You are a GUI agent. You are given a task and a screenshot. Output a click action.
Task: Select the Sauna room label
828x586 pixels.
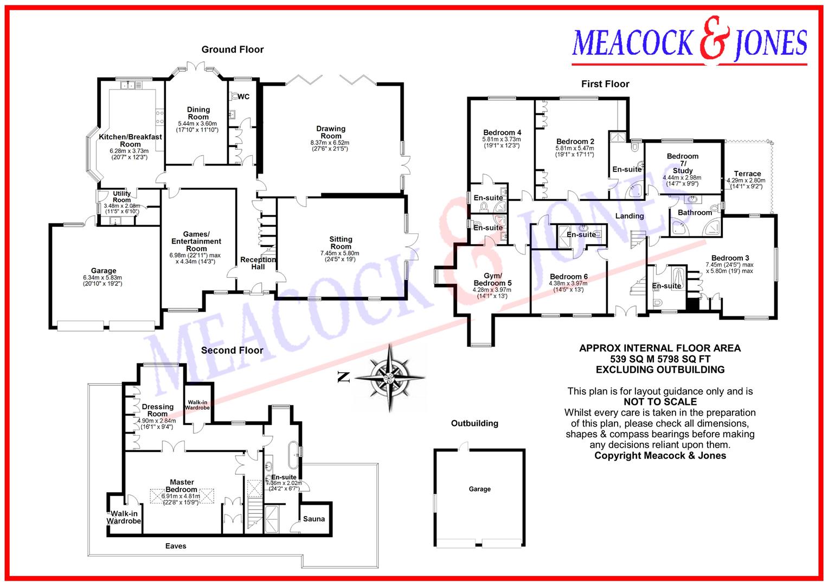pos(314,519)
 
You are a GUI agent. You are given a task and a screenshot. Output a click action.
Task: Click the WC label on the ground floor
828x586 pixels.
pos(243,97)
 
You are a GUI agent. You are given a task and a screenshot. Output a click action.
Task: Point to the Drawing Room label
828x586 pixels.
pos(331,132)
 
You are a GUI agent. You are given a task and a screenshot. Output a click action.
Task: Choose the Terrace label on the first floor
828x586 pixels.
pos(747,174)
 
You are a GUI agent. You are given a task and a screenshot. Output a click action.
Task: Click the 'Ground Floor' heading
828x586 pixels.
pos(233,49)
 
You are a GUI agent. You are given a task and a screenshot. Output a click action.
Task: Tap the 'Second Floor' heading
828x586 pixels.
pos(232,351)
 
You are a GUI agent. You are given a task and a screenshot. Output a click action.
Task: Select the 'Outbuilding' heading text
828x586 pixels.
pos(474,423)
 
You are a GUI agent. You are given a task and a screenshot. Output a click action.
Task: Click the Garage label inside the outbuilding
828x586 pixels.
pos(479,489)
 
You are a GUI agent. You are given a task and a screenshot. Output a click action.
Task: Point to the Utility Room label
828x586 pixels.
pos(121,196)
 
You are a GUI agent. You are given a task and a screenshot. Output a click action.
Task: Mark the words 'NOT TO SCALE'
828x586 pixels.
pos(660,402)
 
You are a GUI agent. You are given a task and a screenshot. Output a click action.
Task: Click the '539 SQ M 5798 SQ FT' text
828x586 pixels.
pos(660,359)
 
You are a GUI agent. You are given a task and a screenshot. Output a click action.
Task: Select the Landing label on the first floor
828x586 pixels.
pos(629,216)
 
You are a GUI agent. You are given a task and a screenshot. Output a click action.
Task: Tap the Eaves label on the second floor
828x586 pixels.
pos(175,546)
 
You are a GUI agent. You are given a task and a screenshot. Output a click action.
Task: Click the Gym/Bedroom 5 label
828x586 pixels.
pos(492,279)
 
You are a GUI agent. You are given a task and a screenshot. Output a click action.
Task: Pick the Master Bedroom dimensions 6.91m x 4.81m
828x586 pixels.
pos(182,496)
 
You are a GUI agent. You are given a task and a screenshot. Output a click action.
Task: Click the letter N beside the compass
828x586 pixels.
pos(343,378)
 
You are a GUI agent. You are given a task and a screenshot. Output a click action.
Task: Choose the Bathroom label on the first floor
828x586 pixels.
pos(695,212)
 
